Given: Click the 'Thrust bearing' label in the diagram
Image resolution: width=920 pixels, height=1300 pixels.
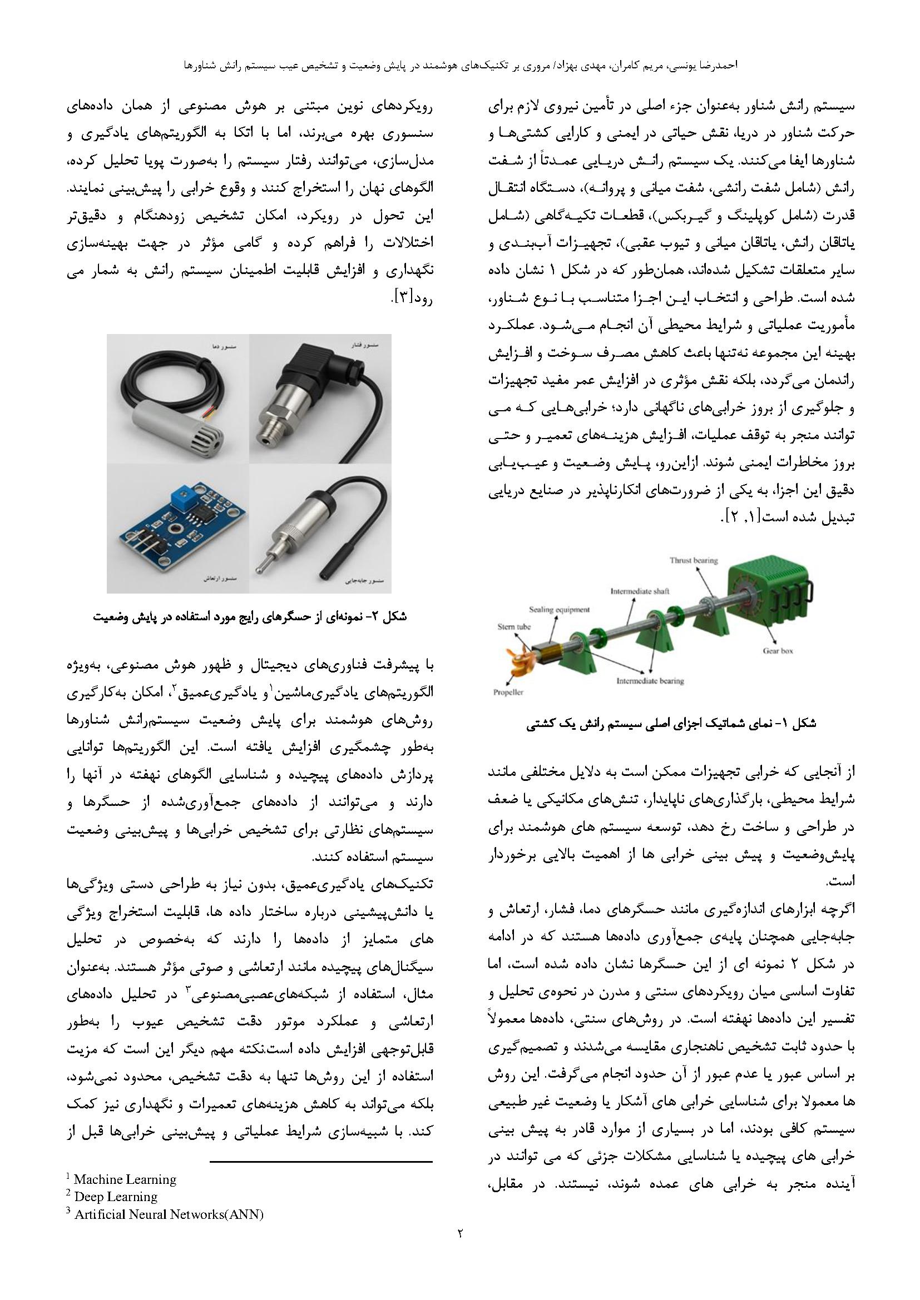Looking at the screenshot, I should coord(694,561).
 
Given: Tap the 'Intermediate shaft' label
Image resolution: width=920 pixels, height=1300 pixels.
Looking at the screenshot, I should coord(640,591).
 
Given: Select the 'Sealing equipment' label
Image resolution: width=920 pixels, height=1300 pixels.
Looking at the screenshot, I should coord(559,610).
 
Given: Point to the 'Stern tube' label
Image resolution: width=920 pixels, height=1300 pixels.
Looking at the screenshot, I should coord(514,627).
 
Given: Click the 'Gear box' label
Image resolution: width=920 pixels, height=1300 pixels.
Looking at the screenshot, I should coord(777,651).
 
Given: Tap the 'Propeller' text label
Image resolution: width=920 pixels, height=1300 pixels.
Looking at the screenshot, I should coord(508,692).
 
